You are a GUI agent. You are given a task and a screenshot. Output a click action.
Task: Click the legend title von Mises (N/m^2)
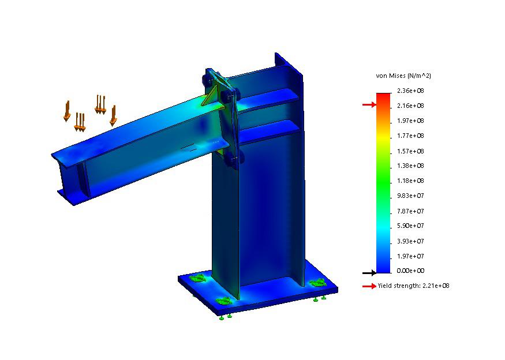click(403, 76)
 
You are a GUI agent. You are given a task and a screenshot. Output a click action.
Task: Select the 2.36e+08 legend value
click(410, 91)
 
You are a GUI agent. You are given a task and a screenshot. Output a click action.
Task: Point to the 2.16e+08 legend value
click(410, 106)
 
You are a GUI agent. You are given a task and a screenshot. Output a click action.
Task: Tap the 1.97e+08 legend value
click(410, 121)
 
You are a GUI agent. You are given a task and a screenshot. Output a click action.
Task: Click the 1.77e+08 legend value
click(410, 136)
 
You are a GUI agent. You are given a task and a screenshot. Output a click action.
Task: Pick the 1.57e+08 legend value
click(410, 151)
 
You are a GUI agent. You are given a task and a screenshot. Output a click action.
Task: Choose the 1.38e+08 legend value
click(410, 166)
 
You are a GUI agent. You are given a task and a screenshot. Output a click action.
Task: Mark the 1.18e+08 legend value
click(410, 181)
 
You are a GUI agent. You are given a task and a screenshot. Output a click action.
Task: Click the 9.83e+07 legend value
click(410, 196)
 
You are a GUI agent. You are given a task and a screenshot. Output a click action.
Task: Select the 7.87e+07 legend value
click(410, 211)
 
